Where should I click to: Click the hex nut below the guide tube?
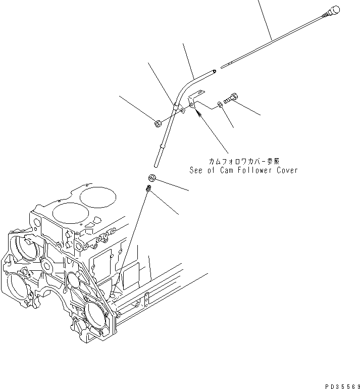point(151,177)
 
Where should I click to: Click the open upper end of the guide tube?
point(216,72)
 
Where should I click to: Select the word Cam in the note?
point(224,170)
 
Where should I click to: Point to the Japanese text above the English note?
point(244,161)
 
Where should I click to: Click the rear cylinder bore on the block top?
point(98,193)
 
